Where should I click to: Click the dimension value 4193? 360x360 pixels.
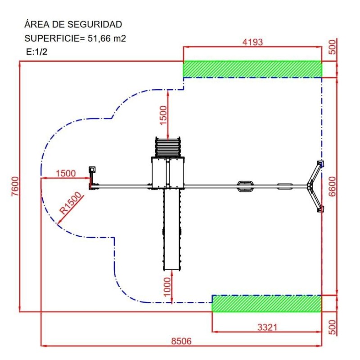point(252,42)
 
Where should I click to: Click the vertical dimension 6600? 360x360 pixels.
point(332,185)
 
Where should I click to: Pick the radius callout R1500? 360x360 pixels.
point(72,202)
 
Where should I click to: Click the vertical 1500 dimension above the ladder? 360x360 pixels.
point(163,115)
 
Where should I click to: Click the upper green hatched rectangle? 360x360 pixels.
point(252,69)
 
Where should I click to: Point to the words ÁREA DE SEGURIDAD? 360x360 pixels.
point(73,24)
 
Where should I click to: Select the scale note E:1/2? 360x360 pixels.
point(37,52)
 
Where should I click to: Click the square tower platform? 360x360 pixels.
point(168,173)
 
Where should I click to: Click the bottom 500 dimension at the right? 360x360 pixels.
point(332,327)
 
